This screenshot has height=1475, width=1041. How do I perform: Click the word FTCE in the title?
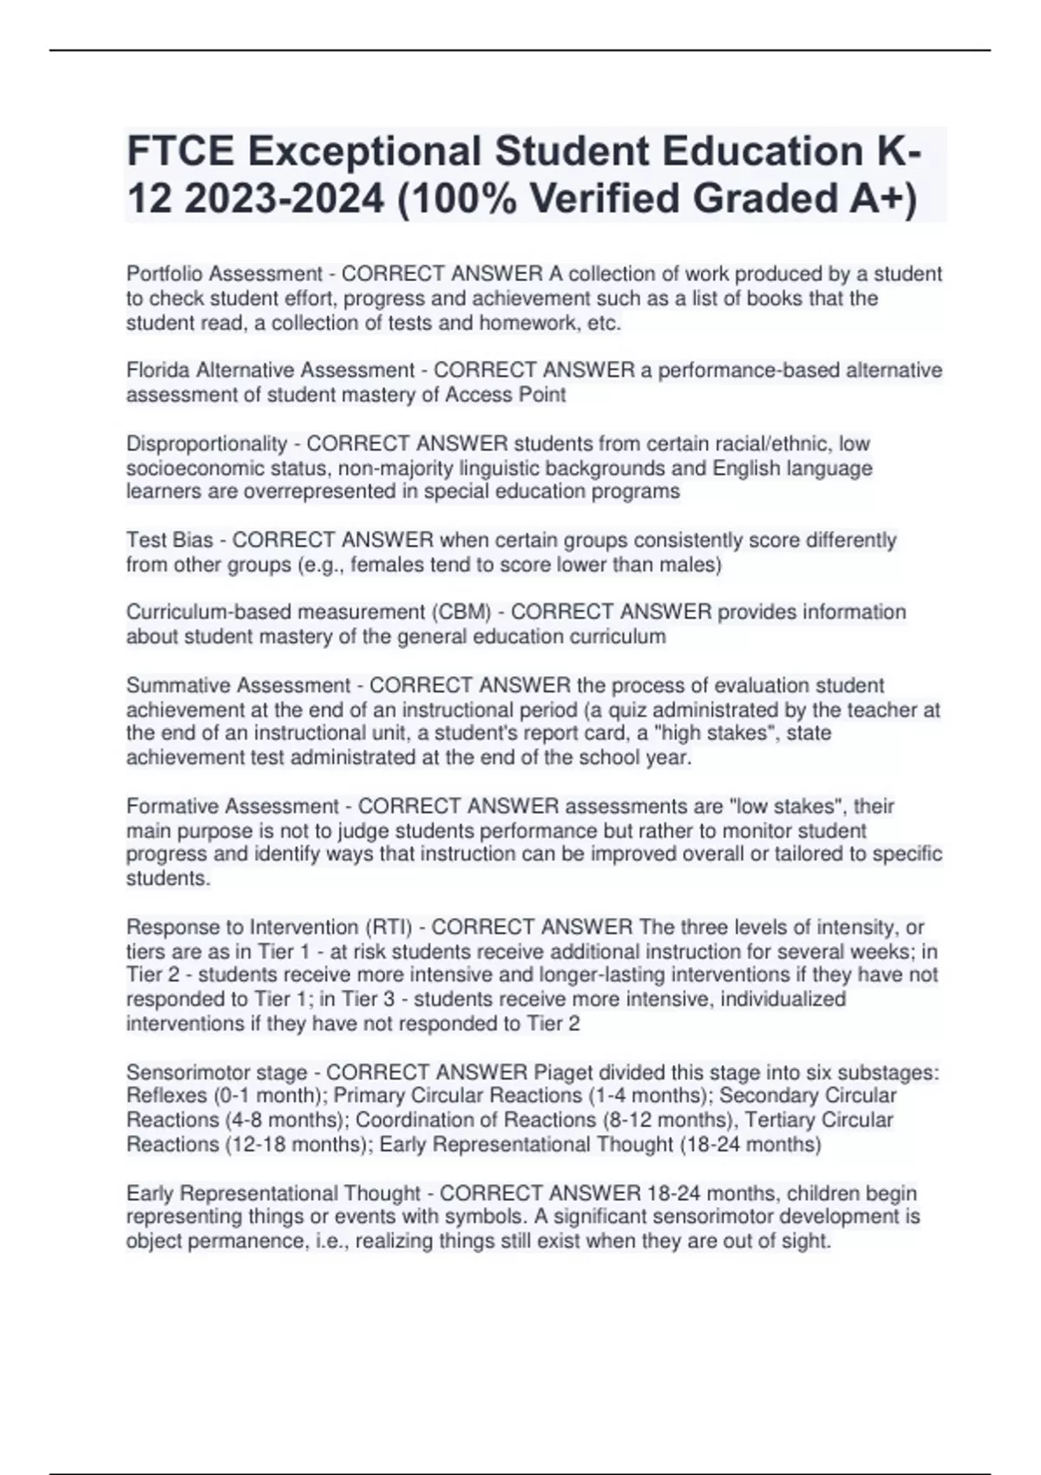(x=180, y=152)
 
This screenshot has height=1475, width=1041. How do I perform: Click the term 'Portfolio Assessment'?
(x=225, y=274)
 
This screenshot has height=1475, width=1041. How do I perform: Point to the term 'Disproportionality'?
(x=206, y=443)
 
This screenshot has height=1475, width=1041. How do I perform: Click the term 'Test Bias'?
(x=169, y=540)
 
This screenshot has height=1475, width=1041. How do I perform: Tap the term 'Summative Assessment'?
(x=239, y=685)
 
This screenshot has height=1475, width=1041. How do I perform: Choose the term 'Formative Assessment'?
(x=232, y=806)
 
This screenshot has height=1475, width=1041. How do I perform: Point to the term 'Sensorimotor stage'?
(x=217, y=1072)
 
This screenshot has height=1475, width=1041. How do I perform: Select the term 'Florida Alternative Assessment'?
(x=271, y=370)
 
